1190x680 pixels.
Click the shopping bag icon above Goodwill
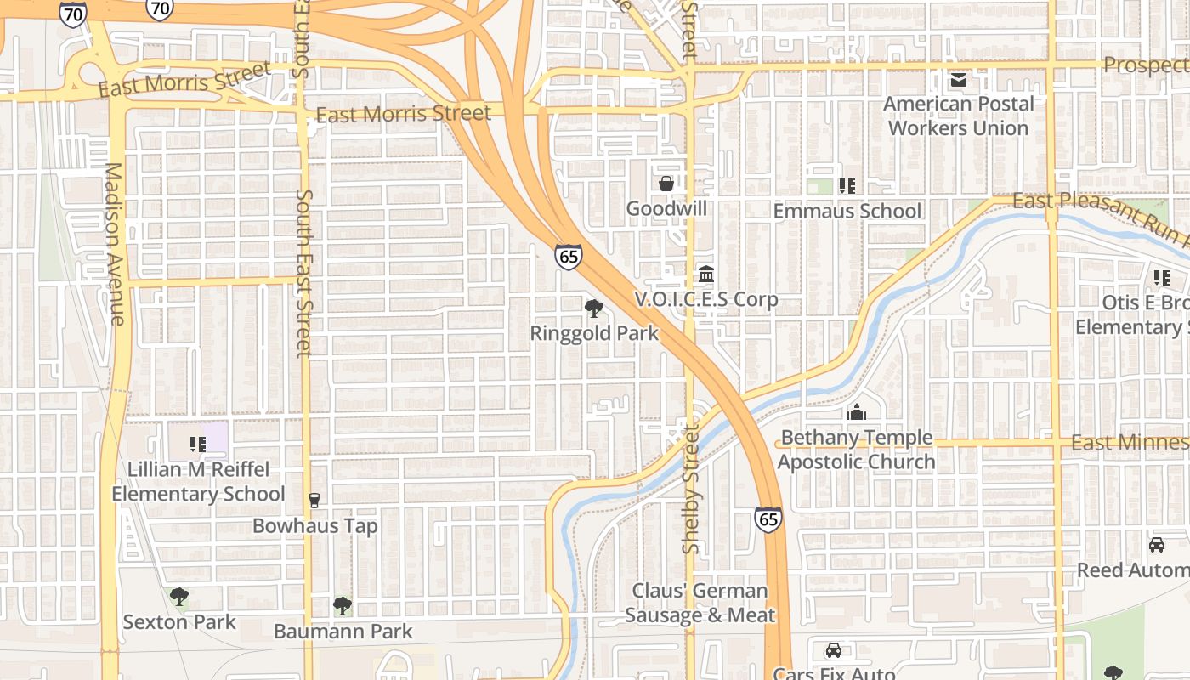point(666,184)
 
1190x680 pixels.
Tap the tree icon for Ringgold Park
point(594,308)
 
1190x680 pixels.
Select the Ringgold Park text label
point(594,333)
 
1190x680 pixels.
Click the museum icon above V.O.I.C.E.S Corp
point(706,275)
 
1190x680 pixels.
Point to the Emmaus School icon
point(847,185)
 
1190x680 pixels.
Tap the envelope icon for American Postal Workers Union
point(959,80)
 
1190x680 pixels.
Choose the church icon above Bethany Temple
point(857,413)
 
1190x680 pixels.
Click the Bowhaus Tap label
point(314,526)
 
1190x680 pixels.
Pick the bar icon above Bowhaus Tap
point(314,500)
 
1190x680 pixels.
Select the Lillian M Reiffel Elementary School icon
point(198,444)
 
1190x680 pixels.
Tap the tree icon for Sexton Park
point(178,597)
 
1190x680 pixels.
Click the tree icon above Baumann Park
point(343,606)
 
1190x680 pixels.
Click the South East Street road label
point(304,272)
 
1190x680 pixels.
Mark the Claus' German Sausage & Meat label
point(700,603)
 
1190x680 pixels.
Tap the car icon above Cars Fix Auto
point(834,650)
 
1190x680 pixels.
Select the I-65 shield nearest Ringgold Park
point(569,257)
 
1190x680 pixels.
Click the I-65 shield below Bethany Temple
point(768,519)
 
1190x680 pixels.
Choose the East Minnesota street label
point(1130,442)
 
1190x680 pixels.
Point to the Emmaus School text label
point(847,211)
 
